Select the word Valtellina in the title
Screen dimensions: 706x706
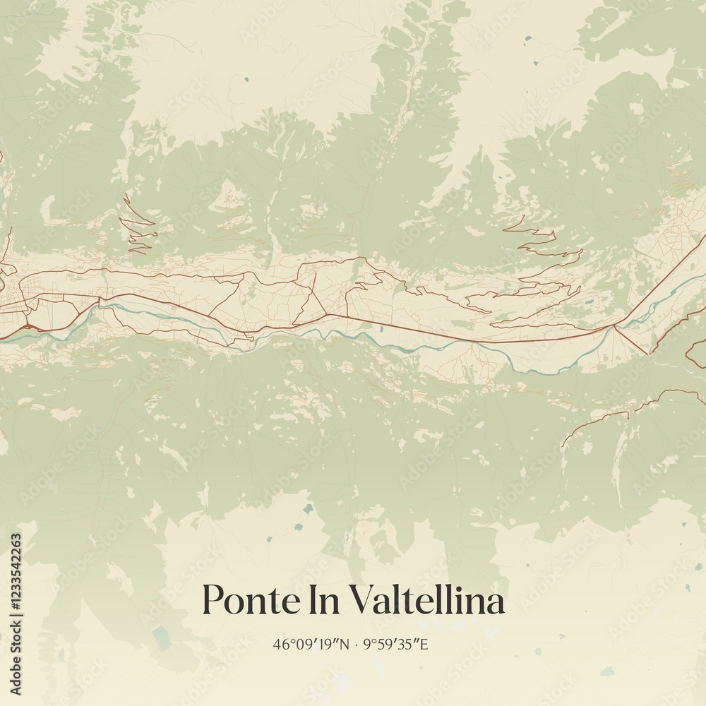pos(428,601)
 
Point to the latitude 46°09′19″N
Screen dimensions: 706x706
pos(311,644)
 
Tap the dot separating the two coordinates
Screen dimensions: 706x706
pos(356,645)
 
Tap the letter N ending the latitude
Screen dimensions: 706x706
pos(344,644)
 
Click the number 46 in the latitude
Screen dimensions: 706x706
pos(280,644)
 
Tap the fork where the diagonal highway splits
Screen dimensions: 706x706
pos(615,327)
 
